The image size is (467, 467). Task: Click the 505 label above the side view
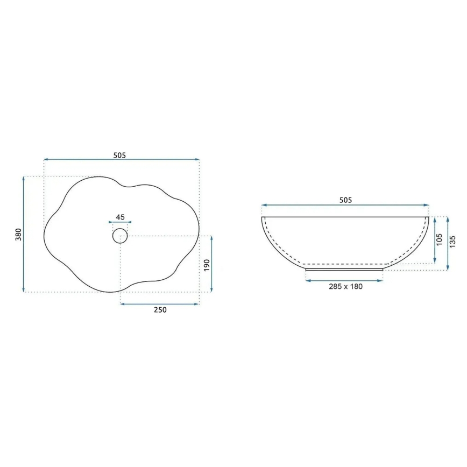click(x=345, y=200)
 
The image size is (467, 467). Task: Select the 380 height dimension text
click(x=18, y=235)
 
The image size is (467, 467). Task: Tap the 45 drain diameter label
click(x=120, y=217)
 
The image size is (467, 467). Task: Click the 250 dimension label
click(x=160, y=309)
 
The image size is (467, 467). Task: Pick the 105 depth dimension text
click(x=439, y=240)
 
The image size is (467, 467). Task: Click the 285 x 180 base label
click(x=345, y=286)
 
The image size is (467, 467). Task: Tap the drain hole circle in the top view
click(x=120, y=235)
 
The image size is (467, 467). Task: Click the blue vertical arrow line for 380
click(x=24, y=235)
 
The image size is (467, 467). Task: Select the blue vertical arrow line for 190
click(x=211, y=264)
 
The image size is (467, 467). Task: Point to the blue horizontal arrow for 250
click(x=160, y=304)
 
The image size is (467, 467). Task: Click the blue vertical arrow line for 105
click(x=434, y=240)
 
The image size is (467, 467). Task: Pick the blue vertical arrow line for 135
click(x=447, y=243)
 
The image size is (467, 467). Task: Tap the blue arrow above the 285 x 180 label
click(x=344, y=280)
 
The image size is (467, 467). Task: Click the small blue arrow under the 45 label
click(x=120, y=222)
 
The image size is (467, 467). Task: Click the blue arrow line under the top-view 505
click(x=122, y=160)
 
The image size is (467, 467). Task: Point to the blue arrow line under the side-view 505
click(x=345, y=205)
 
